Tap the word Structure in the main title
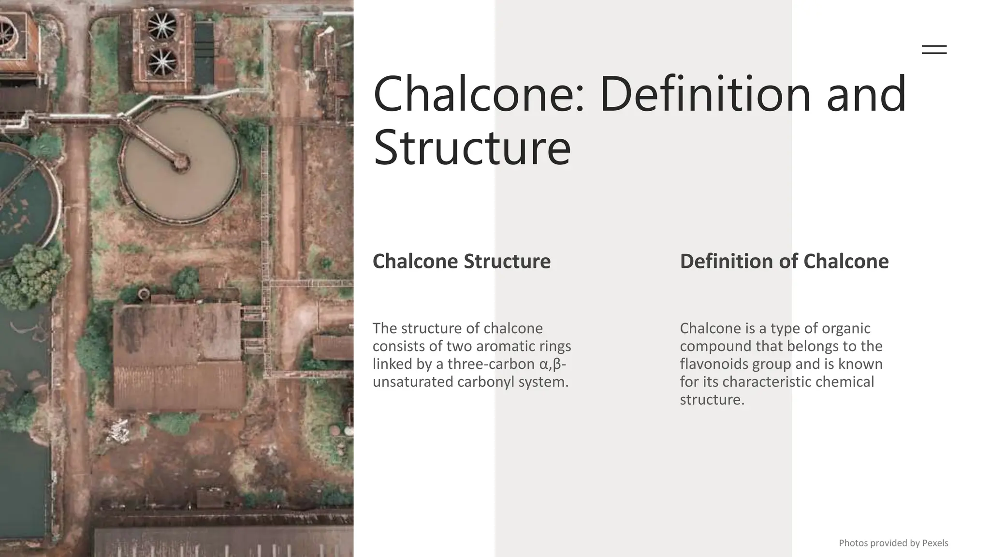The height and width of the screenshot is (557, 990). coord(472,147)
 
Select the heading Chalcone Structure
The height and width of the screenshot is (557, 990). coord(461,262)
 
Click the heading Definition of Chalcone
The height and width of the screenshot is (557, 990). coord(784,262)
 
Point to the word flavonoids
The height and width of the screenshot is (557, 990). coord(714,364)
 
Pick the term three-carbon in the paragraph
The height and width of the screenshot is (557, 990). coord(491,364)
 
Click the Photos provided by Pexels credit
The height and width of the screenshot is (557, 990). coord(893,543)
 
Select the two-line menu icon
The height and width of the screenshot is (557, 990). coord(934,49)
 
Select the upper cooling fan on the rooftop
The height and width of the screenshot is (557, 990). coord(162,26)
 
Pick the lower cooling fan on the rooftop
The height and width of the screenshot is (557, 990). coord(162,62)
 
